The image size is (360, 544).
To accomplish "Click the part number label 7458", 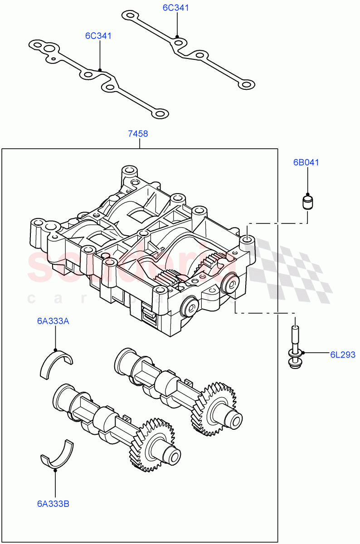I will [138, 134].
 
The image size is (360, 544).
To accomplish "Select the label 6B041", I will [306, 162].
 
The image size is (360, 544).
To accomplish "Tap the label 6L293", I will [342, 355].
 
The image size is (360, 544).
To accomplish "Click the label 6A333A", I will [53, 321].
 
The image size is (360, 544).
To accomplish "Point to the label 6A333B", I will [53, 503].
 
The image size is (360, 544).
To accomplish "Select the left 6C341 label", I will [98, 35].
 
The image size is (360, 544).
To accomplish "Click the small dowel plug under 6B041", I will [308, 202].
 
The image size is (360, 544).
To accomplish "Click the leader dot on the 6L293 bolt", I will [303, 353].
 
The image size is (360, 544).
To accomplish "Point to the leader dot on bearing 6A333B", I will [55, 470].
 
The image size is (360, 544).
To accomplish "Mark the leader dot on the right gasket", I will [177, 37].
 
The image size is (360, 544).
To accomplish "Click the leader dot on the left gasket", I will [100, 70].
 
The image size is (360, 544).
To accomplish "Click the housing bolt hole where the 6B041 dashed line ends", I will [247, 239].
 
